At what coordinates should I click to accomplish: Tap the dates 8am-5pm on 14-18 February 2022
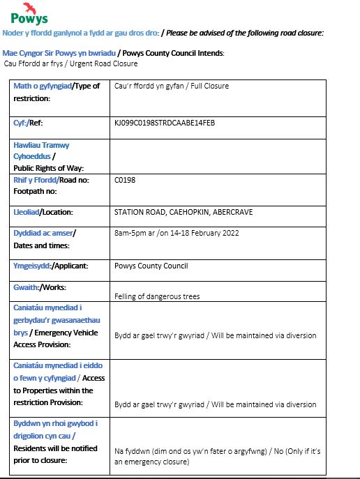click(177, 232)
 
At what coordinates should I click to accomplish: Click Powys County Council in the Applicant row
click(150, 266)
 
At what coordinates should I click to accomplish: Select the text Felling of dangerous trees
click(157, 296)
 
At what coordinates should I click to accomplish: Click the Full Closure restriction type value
click(171, 86)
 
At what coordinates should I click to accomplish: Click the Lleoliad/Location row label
click(43, 212)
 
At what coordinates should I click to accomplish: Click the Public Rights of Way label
click(48, 168)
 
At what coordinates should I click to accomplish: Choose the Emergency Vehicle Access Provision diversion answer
click(215, 335)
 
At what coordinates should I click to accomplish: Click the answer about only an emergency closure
click(217, 456)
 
